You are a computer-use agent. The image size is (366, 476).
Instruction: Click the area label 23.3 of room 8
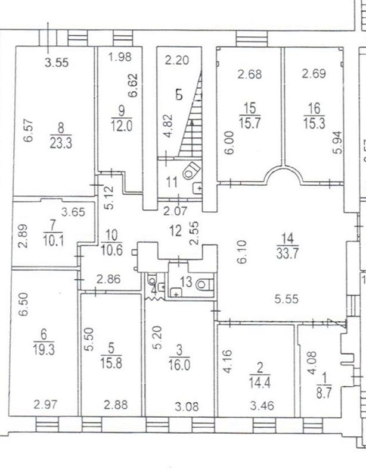pos(61,143)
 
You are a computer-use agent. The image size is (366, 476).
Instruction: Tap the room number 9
pos(122,111)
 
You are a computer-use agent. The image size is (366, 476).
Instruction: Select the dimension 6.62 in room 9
pos(133,85)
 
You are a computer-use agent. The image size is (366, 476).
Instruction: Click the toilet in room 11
pos(191,171)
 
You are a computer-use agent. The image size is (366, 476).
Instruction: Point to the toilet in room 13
pos(204,285)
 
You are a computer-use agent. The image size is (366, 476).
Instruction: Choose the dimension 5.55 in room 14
pos(286,299)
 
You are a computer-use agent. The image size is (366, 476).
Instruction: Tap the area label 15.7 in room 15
pos(250,123)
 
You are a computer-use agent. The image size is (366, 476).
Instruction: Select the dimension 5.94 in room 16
pos(337,143)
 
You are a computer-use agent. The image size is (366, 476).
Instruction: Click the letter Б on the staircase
pos(179,95)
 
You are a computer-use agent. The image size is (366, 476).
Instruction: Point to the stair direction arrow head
pos(192,123)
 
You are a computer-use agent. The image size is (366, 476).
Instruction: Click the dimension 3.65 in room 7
pos(73,212)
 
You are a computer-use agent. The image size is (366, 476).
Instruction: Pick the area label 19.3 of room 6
pos(44,349)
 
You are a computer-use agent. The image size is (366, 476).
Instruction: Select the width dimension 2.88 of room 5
pos(116,405)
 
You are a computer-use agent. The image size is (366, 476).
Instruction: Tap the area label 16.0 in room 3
pos(179,365)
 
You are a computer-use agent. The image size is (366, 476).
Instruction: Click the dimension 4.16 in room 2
pos(227,361)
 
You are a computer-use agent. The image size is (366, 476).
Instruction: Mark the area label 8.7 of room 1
pos(324,394)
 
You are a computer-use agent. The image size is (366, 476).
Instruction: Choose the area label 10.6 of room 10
pos(111,250)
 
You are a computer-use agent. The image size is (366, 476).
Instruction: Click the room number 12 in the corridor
pos(175,231)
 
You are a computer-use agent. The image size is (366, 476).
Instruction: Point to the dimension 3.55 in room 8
pos(57,62)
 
